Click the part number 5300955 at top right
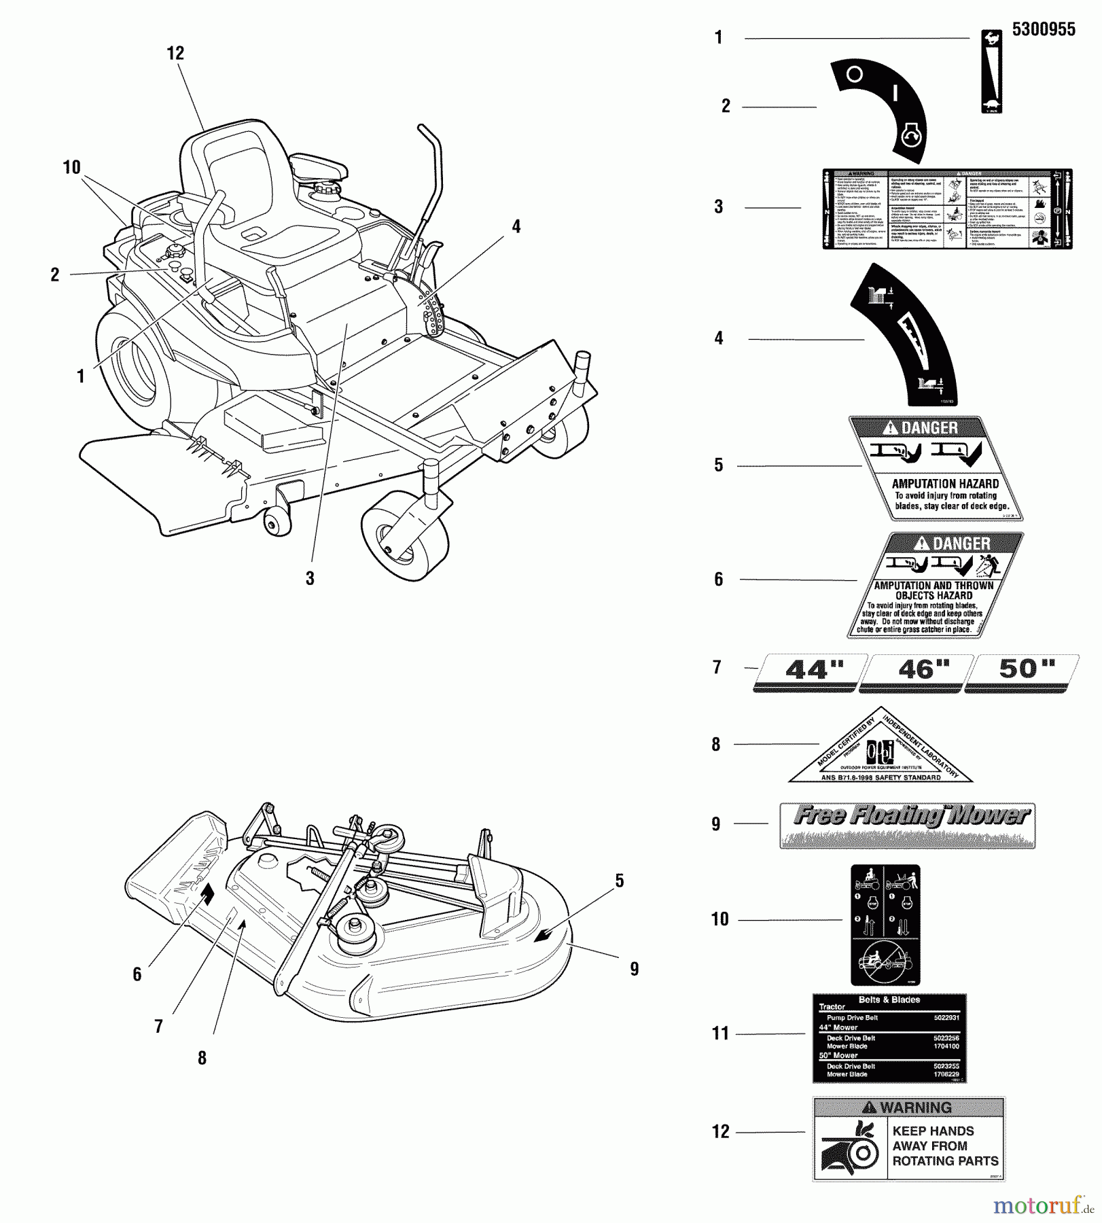(x=1044, y=29)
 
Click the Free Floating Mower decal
(x=907, y=823)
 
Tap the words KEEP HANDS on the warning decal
(x=933, y=1131)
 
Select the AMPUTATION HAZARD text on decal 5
(x=945, y=483)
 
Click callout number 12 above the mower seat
(x=175, y=53)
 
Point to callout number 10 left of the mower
(x=71, y=167)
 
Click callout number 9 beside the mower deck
(x=634, y=969)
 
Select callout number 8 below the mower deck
(x=202, y=1058)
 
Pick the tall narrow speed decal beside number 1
(x=992, y=71)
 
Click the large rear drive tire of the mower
(x=132, y=370)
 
